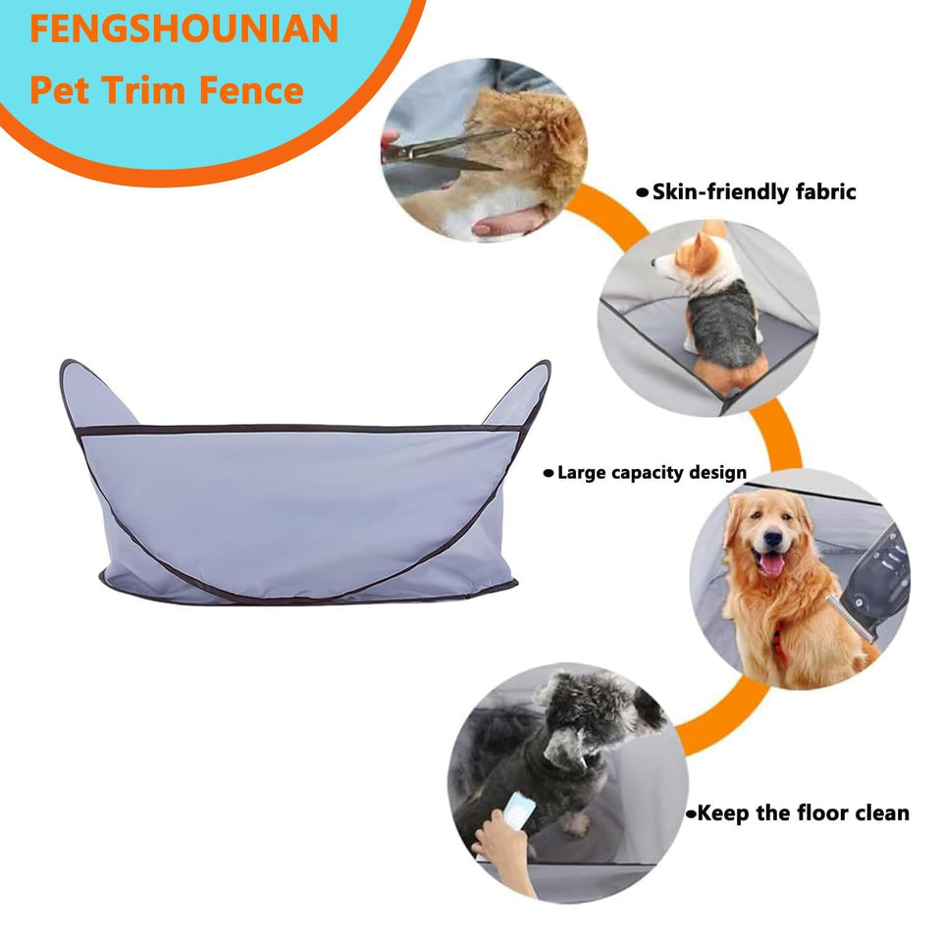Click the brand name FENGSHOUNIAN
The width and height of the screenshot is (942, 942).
coord(183,29)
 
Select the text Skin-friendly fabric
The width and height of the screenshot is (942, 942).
coord(754,191)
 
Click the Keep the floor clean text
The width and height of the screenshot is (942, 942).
coord(803,812)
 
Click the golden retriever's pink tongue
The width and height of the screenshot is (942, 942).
coord(773,564)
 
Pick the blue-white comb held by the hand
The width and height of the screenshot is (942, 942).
coord(516,811)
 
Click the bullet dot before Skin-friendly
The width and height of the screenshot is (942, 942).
coord(643,192)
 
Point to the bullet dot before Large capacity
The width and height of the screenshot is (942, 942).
coord(549,474)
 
